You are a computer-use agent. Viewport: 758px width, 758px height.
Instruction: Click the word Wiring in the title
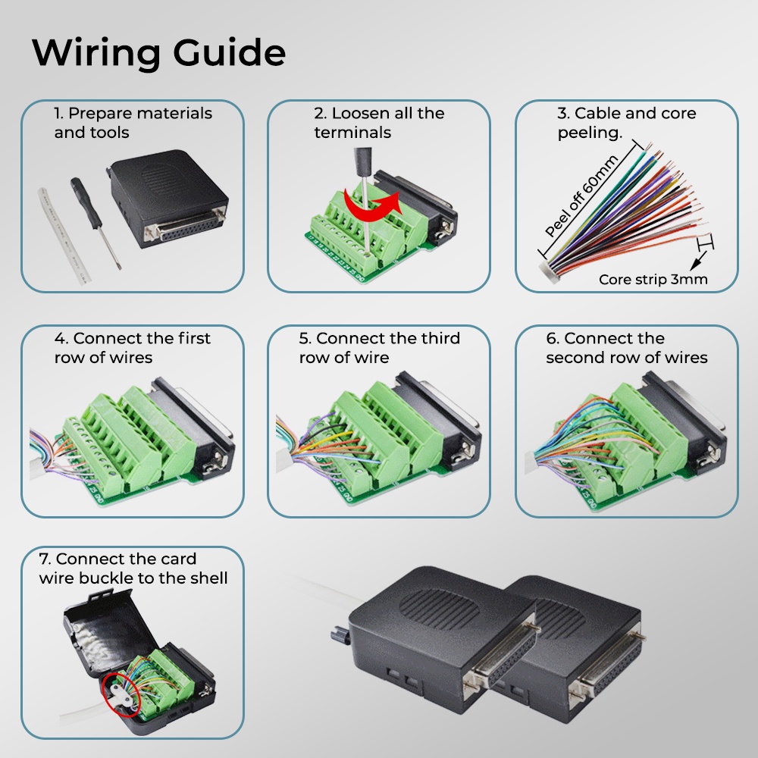point(96,53)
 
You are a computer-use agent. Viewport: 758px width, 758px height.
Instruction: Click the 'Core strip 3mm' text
point(653,279)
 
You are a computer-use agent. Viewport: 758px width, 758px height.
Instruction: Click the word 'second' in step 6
point(573,358)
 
